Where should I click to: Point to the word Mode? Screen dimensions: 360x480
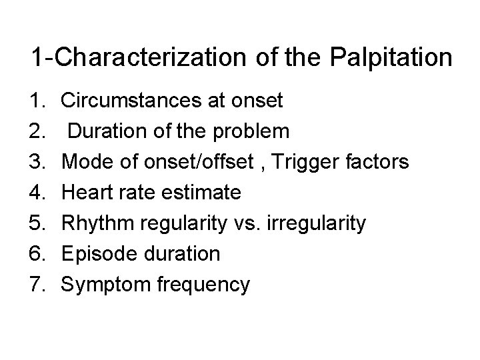tap(84, 162)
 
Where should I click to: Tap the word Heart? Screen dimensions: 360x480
tap(83, 193)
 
